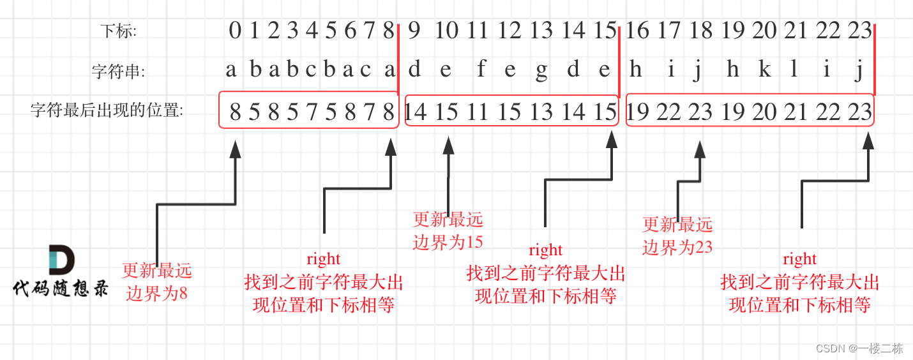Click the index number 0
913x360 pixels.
tap(235, 30)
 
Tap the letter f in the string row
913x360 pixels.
tap(481, 70)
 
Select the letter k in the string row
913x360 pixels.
tap(764, 70)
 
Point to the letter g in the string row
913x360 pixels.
tap(541, 71)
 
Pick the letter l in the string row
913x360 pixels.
tap(794, 70)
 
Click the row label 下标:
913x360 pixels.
tap(119, 31)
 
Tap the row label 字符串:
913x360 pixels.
tap(118, 71)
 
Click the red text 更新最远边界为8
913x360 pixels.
tap(156, 281)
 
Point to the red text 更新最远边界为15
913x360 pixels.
tap(448, 230)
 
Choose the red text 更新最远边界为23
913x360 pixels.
tap(677, 235)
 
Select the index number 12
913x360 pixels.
tap(509, 30)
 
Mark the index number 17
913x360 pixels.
tap(668, 30)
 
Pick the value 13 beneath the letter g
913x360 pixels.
tap(541, 112)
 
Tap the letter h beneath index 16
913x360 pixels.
tap(635, 70)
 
